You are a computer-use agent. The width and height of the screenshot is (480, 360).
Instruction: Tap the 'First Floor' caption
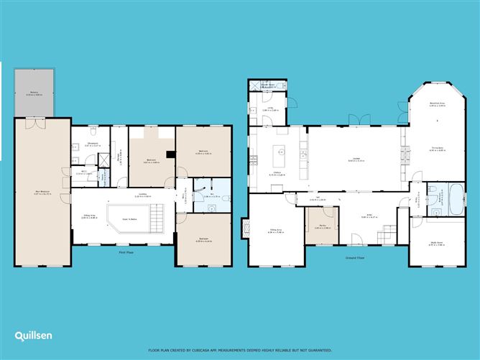click(127, 251)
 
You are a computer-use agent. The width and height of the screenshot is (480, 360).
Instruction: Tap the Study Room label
click(437, 244)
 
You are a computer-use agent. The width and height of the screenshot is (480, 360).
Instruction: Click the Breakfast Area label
click(437, 104)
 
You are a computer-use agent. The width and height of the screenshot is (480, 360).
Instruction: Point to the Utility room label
click(272, 109)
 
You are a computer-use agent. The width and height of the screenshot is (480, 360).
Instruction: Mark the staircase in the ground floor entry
click(387, 233)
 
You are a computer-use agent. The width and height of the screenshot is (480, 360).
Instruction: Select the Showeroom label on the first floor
click(93, 144)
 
